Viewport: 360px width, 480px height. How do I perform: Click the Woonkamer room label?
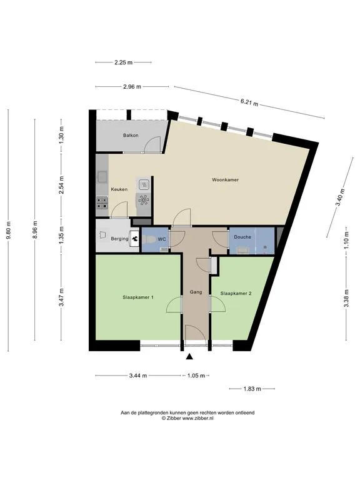tap(225, 180)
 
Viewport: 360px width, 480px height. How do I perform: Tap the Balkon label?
tap(131, 135)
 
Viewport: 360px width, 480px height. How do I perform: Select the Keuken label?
tap(119, 189)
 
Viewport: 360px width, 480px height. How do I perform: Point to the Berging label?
tap(119, 239)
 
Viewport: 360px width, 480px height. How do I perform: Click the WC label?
tap(162, 239)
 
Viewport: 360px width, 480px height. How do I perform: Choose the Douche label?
tap(242, 237)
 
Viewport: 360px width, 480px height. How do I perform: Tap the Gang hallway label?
tap(196, 292)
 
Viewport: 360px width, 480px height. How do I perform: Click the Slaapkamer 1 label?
tap(138, 297)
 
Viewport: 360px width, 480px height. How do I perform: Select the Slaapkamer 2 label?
tap(236, 293)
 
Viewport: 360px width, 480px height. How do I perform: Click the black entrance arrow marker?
tap(190, 356)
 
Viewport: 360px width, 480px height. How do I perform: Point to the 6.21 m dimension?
tap(249, 102)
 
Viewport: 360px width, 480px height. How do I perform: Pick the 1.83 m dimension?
tap(252, 389)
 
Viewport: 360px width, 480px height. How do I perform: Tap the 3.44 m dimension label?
tap(138, 376)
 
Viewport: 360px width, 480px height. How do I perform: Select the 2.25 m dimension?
tap(123, 62)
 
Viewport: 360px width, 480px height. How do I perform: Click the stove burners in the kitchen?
tap(102, 203)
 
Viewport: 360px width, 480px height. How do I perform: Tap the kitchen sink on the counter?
tap(102, 177)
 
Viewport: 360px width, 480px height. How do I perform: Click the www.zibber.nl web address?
tap(197, 418)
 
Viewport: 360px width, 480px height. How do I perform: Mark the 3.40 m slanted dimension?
tap(340, 197)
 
